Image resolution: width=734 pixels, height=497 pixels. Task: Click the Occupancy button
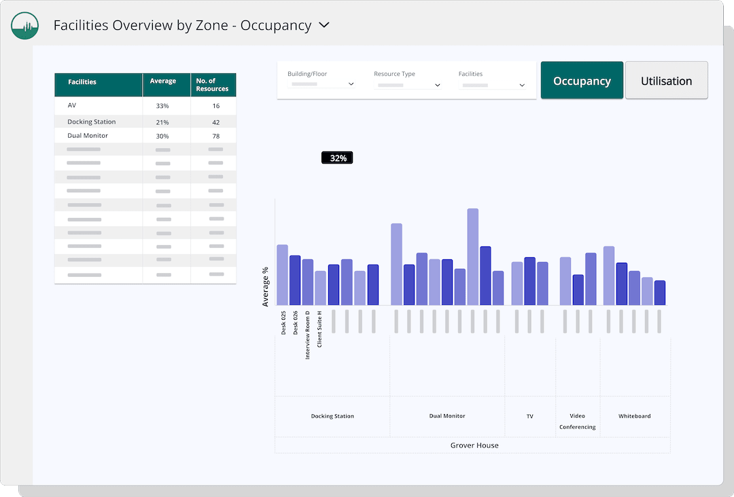pos(582,81)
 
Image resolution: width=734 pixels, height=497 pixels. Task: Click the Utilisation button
pos(666,81)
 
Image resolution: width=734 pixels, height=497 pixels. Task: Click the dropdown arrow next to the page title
pos(324,25)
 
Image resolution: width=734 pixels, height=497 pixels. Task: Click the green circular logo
pos(25,25)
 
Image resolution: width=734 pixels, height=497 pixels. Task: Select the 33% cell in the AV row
pos(162,106)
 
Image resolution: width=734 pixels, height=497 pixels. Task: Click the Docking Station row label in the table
pos(92,122)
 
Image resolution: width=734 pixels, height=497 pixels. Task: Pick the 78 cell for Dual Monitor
pos(215,136)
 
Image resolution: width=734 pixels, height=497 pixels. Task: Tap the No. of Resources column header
pos(212,85)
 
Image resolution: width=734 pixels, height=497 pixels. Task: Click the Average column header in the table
pos(163,81)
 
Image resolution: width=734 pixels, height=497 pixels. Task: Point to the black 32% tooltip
pos(338,158)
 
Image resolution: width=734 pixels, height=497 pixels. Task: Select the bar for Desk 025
pos(282,275)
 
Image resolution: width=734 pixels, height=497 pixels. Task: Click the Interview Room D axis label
pos(308,335)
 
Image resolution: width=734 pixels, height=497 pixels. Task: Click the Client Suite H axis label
pos(320,329)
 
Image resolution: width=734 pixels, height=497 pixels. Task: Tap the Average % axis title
pos(266,287)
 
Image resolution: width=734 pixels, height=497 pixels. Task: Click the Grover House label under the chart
pos(474,445)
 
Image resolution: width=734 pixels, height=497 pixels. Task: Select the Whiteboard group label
pos(634,416)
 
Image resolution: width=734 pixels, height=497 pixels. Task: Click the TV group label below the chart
pos(529,416)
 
